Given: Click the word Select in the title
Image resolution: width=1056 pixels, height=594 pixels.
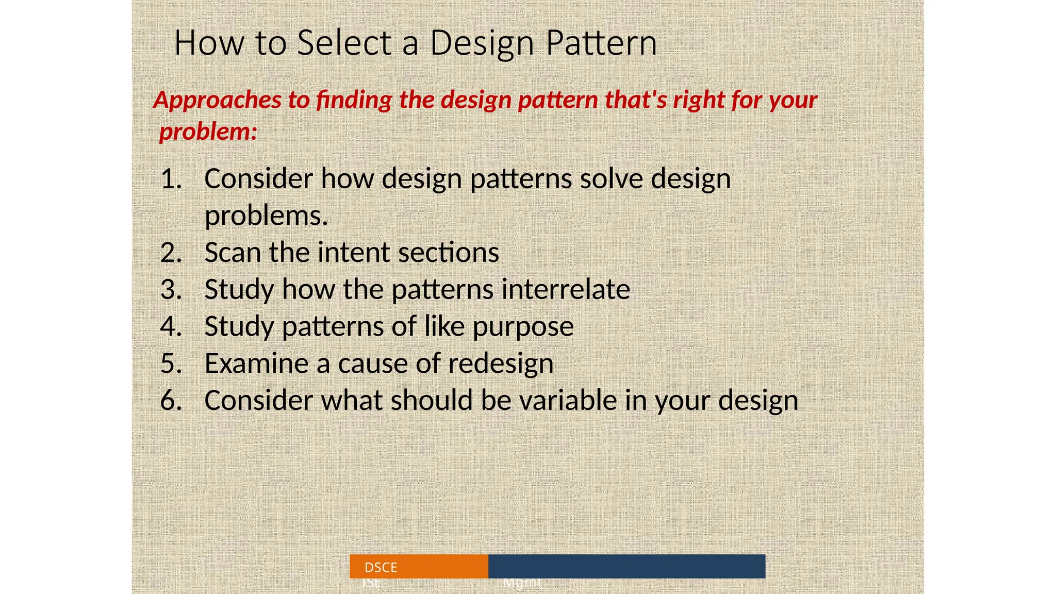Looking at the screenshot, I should pos(344,43).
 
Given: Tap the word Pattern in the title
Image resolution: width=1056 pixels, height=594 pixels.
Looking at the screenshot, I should pos(601,43).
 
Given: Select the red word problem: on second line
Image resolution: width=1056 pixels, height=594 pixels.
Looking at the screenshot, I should pos(208,132).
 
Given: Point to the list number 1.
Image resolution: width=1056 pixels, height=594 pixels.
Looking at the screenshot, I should pos(171,179).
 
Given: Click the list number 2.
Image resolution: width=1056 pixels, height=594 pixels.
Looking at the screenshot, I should pos(171,253).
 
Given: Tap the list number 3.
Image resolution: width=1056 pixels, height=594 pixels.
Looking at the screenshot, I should pos(171,290).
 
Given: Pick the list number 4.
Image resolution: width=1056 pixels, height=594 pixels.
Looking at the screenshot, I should pos(171,327).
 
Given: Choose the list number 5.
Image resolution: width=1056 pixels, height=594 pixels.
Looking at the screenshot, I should pos(171,364).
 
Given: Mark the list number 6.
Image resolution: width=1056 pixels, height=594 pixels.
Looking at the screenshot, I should pos(171,401).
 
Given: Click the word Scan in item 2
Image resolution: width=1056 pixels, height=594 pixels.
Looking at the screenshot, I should pos(232,253).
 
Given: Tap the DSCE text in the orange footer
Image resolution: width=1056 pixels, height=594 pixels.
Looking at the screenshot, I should pos(381,568).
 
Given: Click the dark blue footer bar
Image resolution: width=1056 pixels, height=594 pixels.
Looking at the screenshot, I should pos(626,566).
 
